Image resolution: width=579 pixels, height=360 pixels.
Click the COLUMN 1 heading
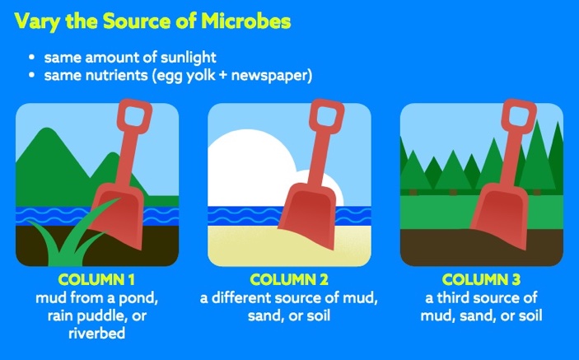96,279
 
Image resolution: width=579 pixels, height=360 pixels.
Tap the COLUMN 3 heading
482,279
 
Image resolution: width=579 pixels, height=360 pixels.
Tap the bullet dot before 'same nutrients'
32,76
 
